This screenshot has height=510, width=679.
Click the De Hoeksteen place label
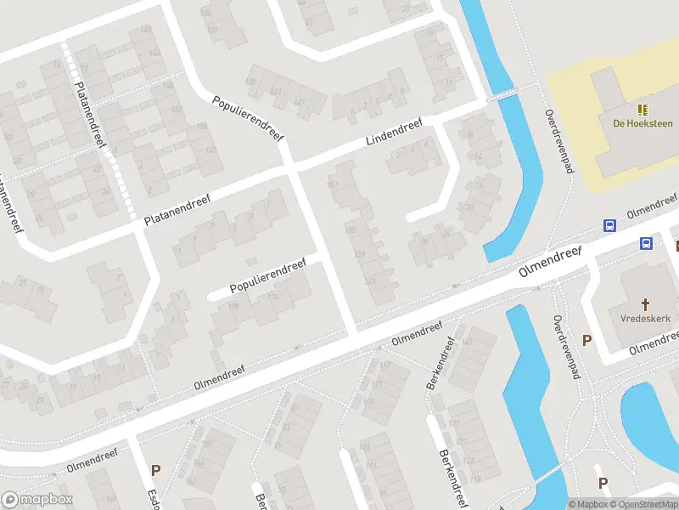point(643,123)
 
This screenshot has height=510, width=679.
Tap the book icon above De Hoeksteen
point(643,109)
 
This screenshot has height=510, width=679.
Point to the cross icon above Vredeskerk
point(645,303)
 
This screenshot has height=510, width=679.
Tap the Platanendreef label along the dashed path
point(89,115)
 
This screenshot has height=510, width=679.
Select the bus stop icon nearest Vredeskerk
point(646,244)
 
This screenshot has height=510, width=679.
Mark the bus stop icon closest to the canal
point(609,225)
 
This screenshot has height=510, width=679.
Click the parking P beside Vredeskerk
point(586,340)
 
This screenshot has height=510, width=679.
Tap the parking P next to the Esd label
point(155,469)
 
